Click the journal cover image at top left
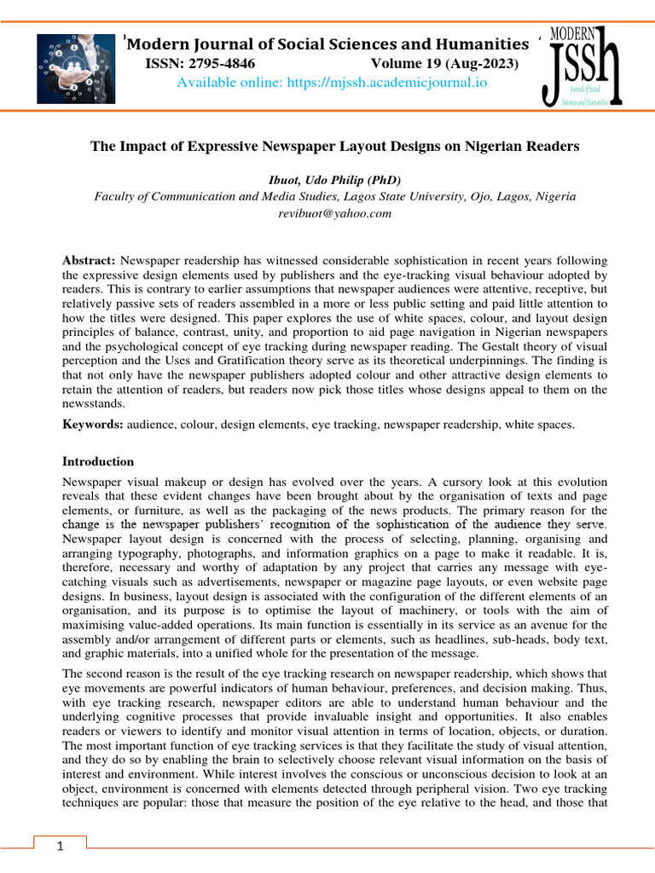pos(76,68)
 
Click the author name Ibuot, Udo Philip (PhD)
pos(334,179)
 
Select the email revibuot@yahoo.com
pos(334,213)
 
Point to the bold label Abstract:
pos(90,259)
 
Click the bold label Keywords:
pos(93,423)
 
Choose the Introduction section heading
pos(98,461)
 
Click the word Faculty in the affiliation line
pos(115,196)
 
